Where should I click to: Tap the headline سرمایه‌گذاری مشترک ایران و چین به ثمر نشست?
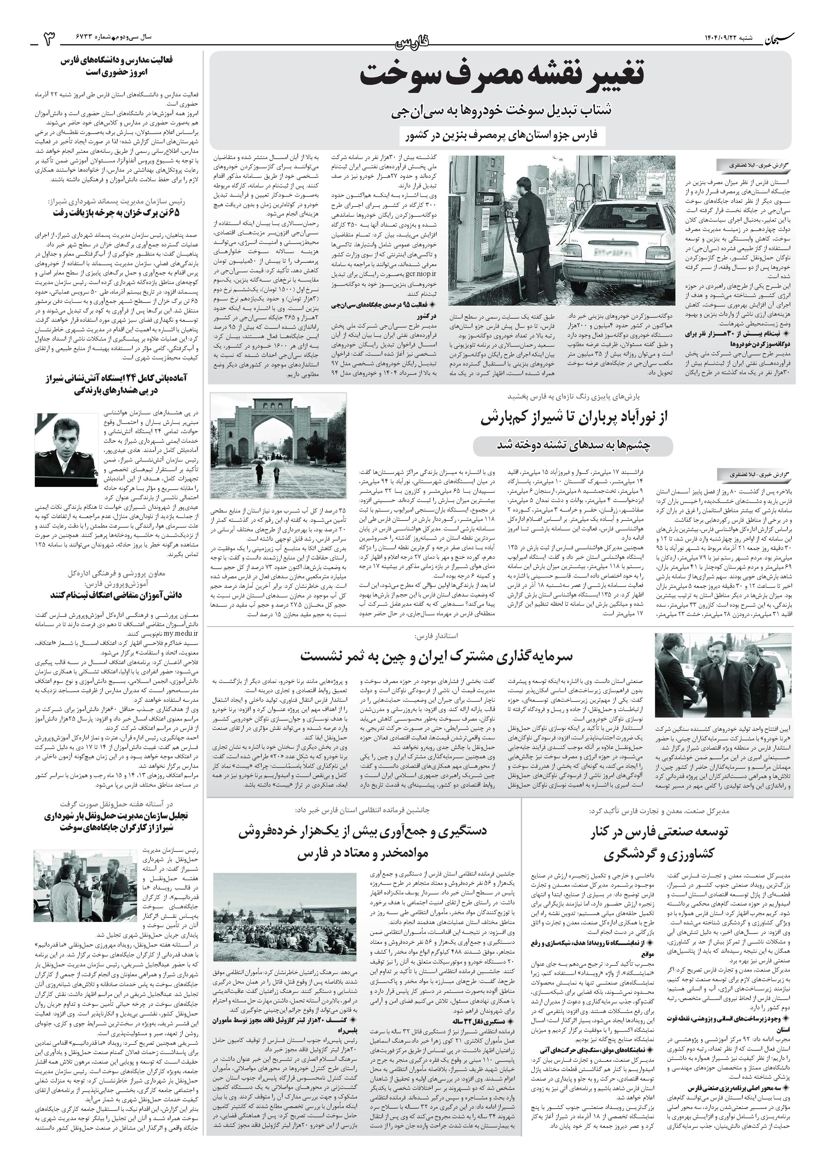pyautogui.click(x=436, y=655)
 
